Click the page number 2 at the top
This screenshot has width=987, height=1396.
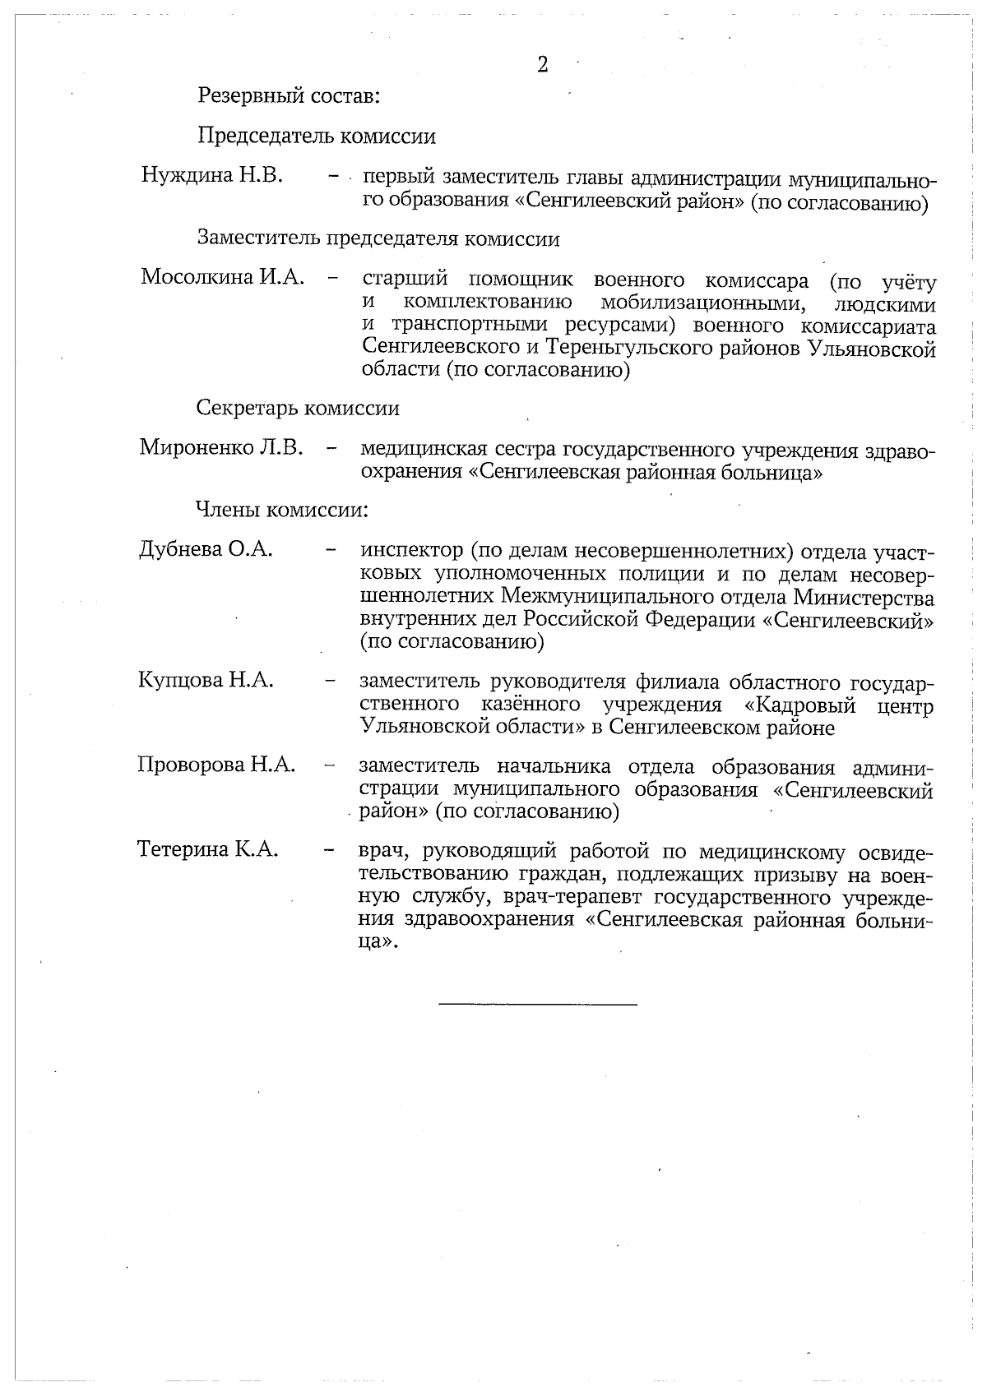pyautogui.click(x=542, y=66)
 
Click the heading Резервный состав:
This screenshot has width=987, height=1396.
pyautogui.click(x=288, y=95)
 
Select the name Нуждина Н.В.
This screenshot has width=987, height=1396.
pyautogui.click(x=212, y=175)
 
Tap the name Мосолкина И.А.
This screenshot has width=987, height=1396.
pyautogui.click(x=222, y=277)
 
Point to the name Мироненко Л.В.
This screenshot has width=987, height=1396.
pyautogui.click(x=221, y=448)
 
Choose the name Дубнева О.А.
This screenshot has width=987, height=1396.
pyautogui.click(x=206, y=549)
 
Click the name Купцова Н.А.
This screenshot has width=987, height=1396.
pyautogui.click(x=206, y=680)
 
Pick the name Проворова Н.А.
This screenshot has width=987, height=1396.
pyautogui.click(x=216, y=765)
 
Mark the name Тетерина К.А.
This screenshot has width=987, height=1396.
pyautogui.click(x=208, y=848)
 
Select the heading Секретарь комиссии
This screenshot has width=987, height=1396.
pyautogui.click(x=298, y=408)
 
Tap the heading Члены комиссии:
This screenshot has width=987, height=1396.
pyautogui.click(x=281, y=510)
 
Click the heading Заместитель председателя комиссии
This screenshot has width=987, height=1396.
pyautogui.click(x=378, y=238)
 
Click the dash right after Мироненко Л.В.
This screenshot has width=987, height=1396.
pyautogui.click(x=331, y=449)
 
